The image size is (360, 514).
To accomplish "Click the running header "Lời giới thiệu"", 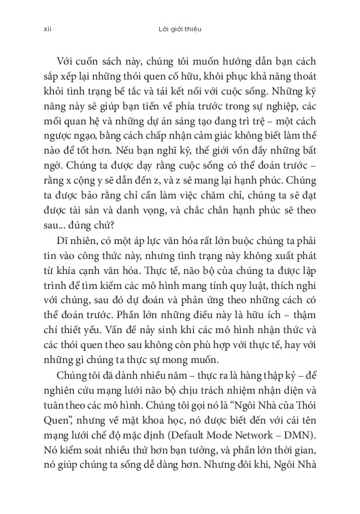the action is click(x=179, y=29).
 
